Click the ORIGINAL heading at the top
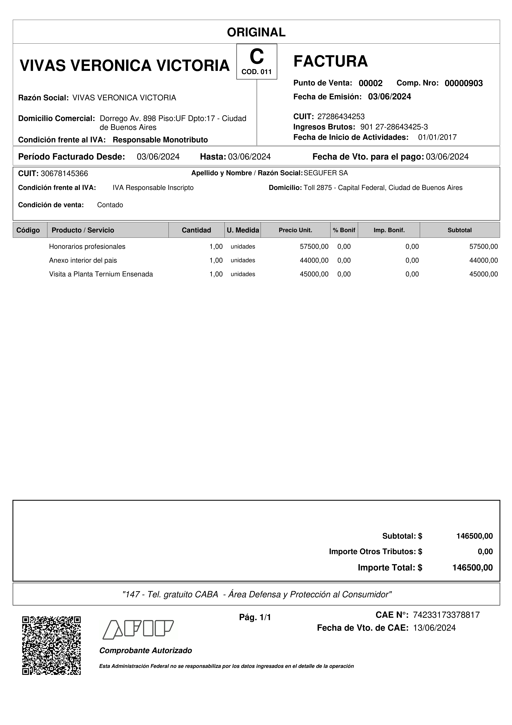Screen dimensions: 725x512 (x=256, y=32)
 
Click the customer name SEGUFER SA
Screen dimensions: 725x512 (x=326, y=173)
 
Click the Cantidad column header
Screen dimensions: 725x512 (x=196, y=230)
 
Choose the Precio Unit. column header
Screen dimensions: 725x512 (x=295, y=230)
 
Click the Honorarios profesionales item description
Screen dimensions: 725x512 (x=87, y=247)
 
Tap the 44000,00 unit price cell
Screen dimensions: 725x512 (x=314, y=260)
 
